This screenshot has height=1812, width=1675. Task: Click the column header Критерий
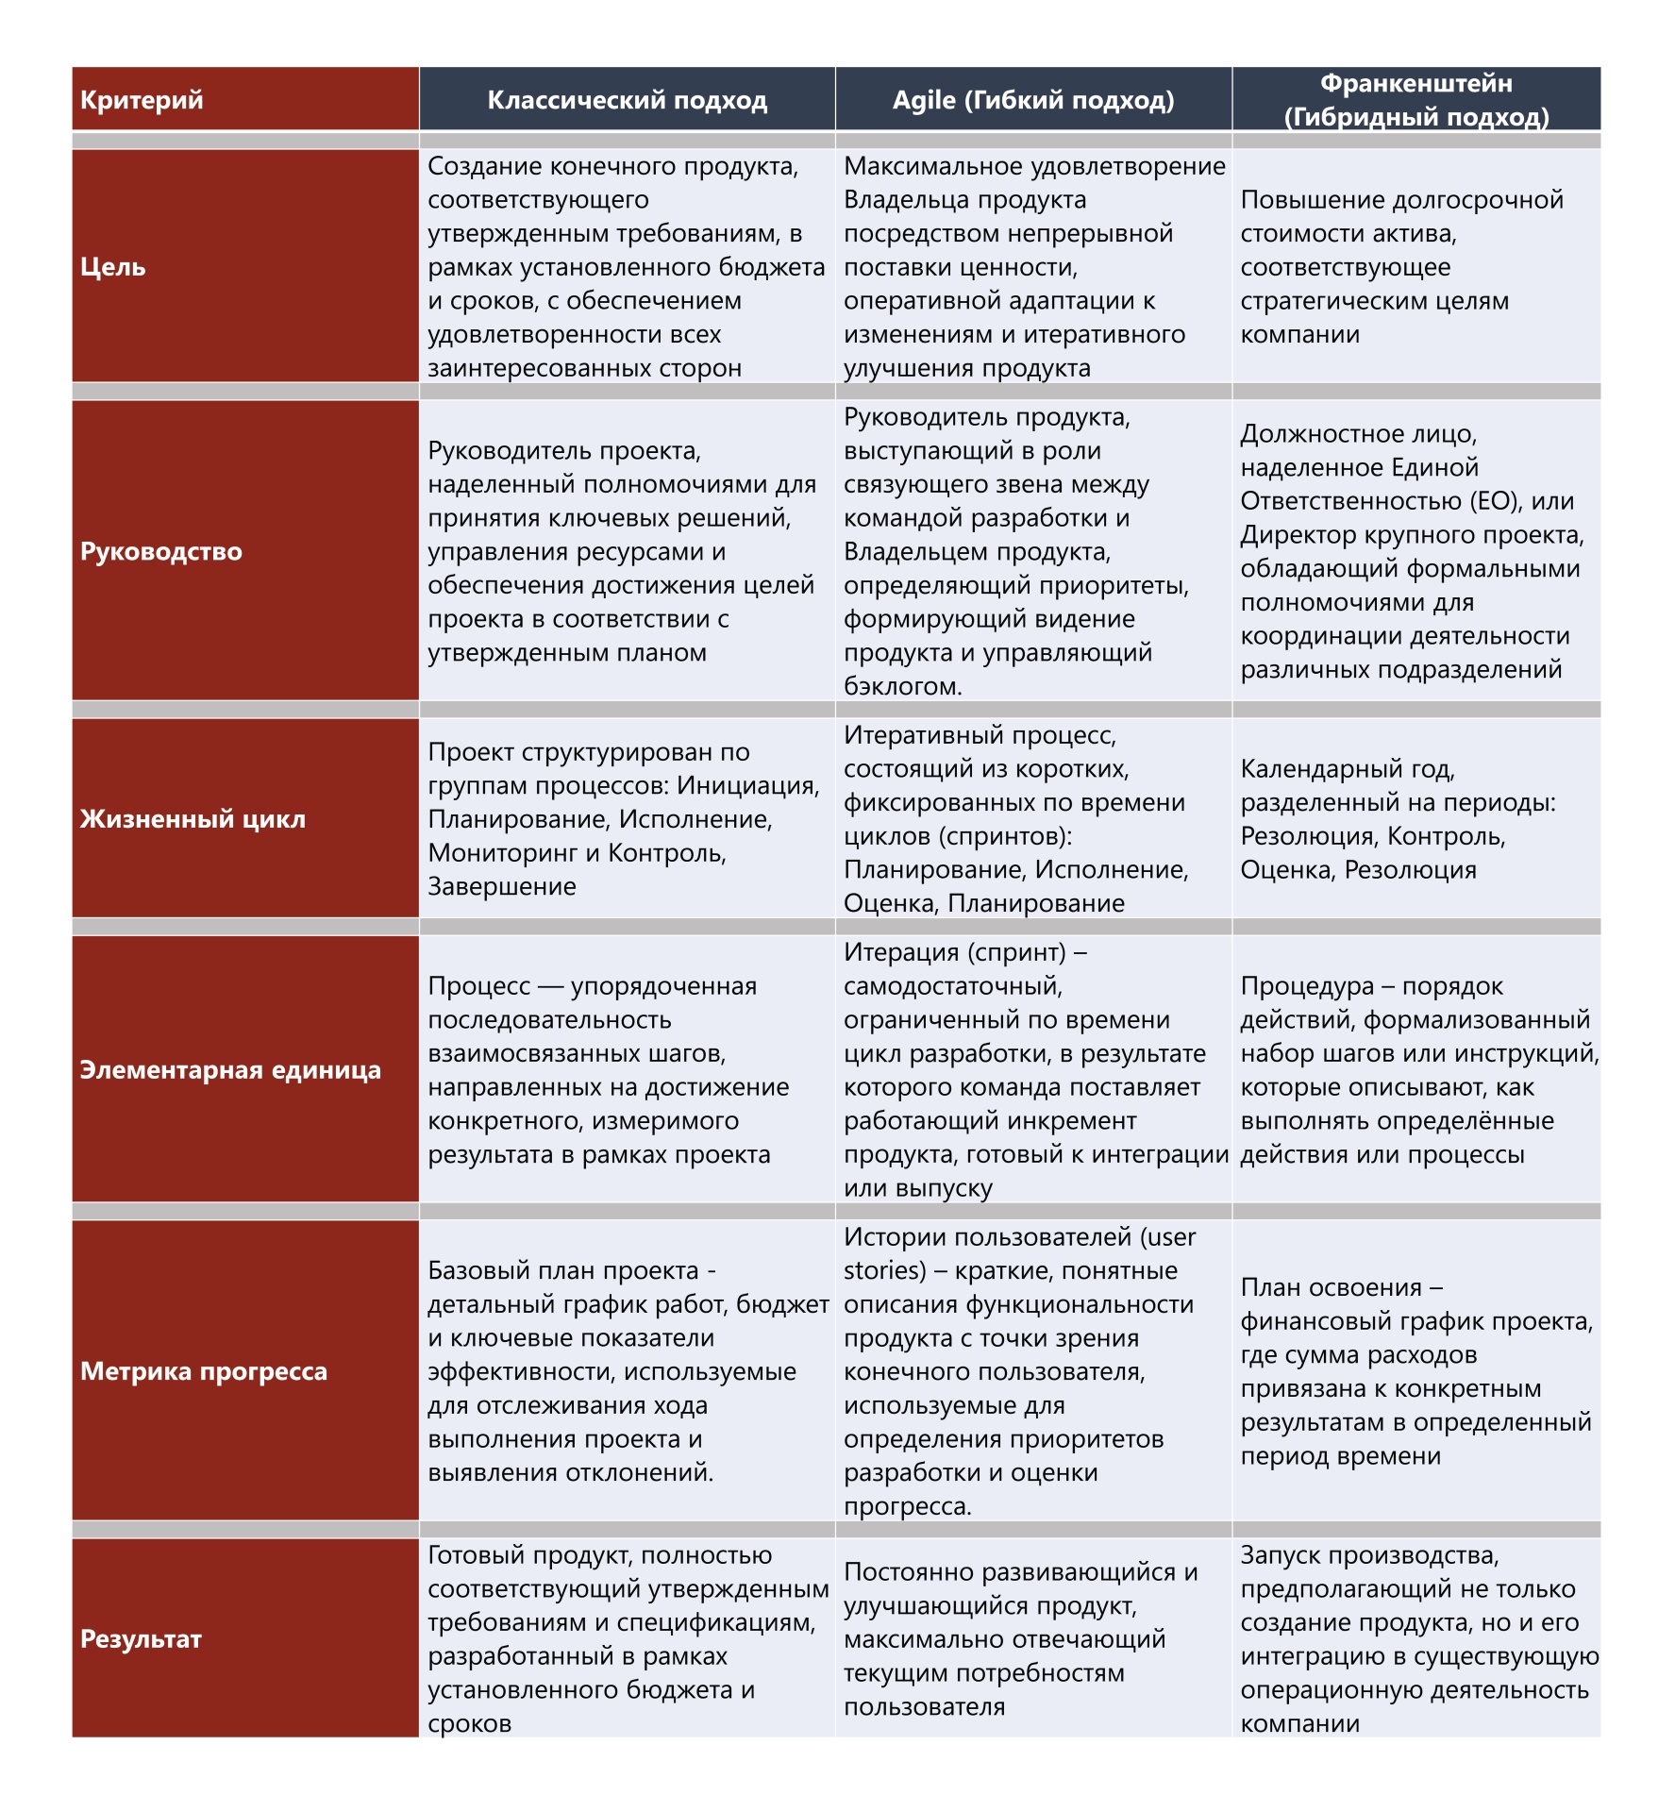point(142,100)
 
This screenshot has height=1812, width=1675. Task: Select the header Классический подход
point(627,100)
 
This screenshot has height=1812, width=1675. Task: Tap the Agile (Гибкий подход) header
point(1033,100)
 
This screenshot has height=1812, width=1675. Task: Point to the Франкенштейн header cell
point(1415,99)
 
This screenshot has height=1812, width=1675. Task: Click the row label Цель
point(113,267)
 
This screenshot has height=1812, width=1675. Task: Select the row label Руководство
point(161,551)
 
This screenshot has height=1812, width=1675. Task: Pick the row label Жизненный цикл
point(193,818)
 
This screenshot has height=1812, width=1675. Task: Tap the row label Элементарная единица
point(230,1069)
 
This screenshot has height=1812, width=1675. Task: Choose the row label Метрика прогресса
point(204,1370)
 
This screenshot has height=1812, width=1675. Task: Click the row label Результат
point(141,1638)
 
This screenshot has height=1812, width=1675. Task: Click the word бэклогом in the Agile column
point(902,686)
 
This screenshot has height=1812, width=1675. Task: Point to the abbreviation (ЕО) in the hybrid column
point(1485,501)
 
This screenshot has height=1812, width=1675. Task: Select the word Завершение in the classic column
point(502,886)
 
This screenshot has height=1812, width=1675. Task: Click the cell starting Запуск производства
point(1415,1638)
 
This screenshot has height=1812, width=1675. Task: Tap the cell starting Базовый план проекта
point(627,1370)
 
